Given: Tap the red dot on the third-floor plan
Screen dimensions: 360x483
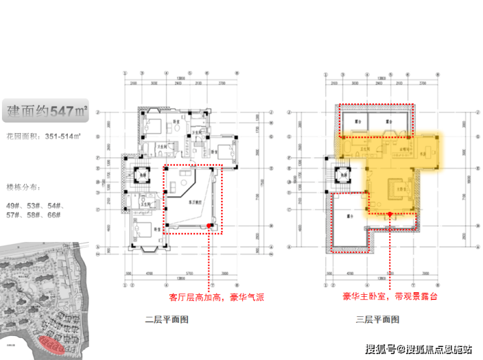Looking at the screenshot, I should coord(390,213).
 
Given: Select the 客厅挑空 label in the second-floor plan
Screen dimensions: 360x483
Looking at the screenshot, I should coord(195,203).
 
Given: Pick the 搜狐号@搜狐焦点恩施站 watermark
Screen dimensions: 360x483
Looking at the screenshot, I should coord(418,348).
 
